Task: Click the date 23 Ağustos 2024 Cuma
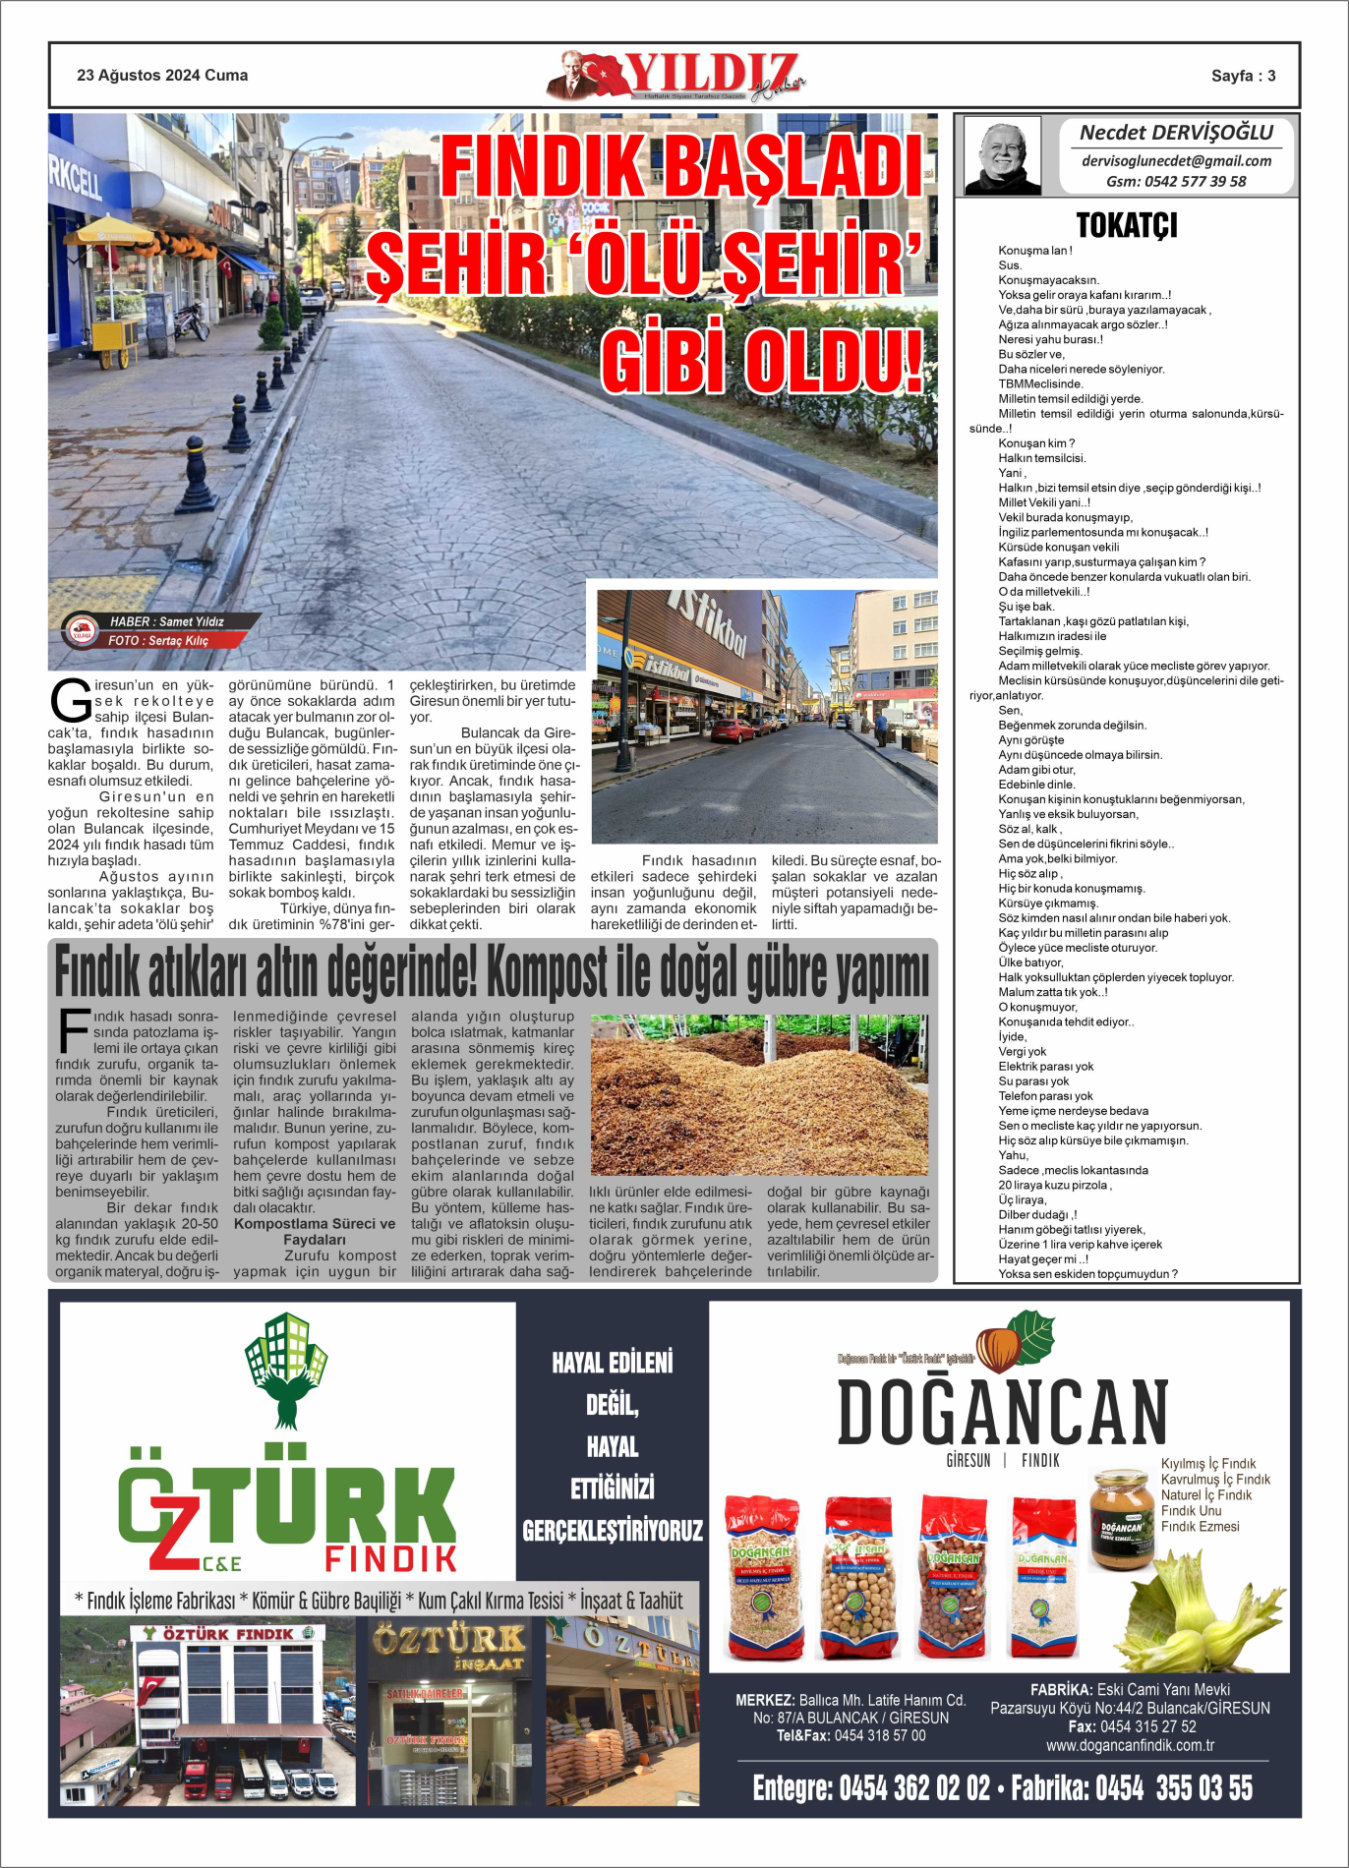162,76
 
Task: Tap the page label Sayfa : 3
1243,76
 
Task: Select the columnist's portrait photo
1002,155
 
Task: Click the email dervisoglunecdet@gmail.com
1176,161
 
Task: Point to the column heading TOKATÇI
1127,225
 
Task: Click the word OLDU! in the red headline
834,361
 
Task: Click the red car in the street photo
732,730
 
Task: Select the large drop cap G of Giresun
71,701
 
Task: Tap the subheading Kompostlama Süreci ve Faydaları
315,1232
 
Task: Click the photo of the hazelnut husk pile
759,1095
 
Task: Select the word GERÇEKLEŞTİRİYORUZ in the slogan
613,1531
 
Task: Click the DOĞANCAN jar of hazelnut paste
1121,1519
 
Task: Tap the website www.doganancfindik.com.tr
1130,1745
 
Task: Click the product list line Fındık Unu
1191,1511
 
